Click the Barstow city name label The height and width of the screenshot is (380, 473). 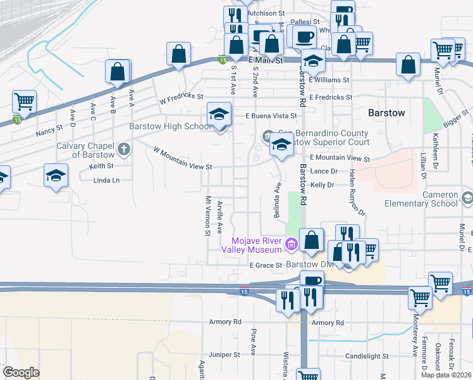tap(386, 113)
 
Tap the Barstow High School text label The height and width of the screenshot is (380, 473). tap(170, 126)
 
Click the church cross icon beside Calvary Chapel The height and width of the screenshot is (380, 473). tap(125, 150)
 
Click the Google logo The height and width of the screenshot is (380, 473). tap(21, 372)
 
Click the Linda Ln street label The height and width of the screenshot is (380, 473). tap(106, 180)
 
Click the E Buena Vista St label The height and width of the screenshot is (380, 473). tap(271, 116)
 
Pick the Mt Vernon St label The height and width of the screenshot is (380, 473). tap(207, 215)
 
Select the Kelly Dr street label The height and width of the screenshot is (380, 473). tap(322, 184)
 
